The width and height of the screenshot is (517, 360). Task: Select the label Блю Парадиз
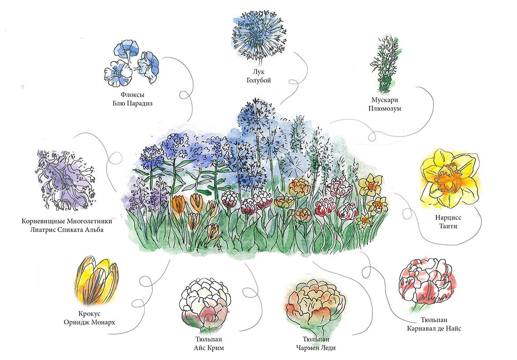132,103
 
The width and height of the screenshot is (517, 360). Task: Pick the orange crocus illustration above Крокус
96,281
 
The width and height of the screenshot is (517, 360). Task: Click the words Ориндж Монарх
90,322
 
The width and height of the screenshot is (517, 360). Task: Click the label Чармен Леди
316,348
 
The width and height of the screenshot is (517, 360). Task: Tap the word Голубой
258,81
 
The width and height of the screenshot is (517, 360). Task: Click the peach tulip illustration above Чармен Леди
316,302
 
